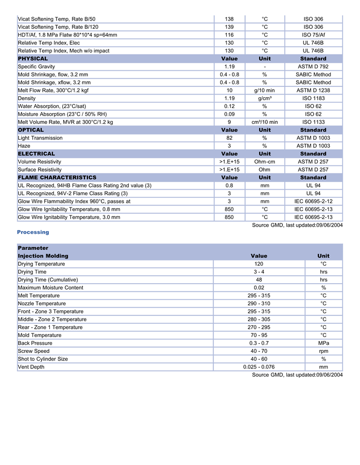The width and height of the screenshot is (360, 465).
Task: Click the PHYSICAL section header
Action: click(x=33, y=59)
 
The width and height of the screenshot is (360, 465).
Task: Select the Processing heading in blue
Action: click(x=33, y=232)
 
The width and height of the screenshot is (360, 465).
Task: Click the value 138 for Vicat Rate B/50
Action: click(x=229, y=19)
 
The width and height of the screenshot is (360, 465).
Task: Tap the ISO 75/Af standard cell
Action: click(x=313, y=35)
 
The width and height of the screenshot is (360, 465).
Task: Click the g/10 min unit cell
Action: click(x=264, y=90)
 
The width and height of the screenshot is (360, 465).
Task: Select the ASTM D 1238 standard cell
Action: click(x=313, y=90)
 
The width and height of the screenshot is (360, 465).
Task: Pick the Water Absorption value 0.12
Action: click(x=229, y=106)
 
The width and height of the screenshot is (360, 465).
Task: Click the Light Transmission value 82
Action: click(x=229, y=138)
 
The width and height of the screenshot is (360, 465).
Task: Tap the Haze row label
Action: click(x=25, y=146)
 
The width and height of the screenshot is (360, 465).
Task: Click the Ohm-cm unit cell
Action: click(x=264, y=161)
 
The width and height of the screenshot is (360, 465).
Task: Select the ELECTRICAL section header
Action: click(x=37, y=154)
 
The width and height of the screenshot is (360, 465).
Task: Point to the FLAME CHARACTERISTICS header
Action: click(x=57, y=177)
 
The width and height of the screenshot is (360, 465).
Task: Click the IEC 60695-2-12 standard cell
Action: click(x=313, y=201)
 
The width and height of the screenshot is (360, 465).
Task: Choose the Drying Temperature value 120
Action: click(x=259, y=264)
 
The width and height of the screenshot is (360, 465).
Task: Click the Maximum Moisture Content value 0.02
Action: click(x=259, y=288)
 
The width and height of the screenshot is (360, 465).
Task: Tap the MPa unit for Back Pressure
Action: click(x=323, y=343)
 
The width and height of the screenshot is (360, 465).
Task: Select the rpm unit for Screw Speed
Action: click(x=323, y=351)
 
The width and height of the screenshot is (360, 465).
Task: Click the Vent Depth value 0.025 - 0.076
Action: click(x=259, y=367)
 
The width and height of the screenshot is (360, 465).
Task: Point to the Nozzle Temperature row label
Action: click(x=42, y=304)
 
